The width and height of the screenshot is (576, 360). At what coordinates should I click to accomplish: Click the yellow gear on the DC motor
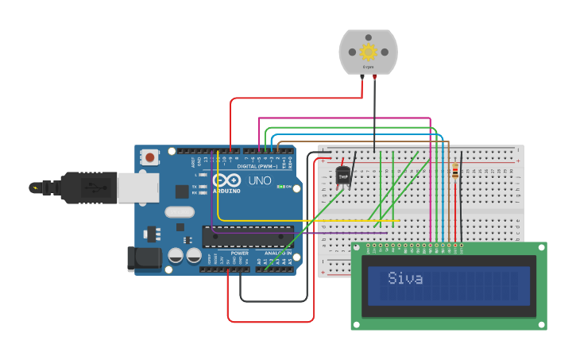tap(368, 52)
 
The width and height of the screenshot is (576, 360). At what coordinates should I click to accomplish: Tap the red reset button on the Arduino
tap(150, 157)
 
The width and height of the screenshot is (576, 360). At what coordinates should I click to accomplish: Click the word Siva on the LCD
tap(405, 278)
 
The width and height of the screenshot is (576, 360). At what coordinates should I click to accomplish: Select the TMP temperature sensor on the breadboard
tap(343, 176)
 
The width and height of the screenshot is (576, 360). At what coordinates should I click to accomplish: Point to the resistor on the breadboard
tap(454, 172)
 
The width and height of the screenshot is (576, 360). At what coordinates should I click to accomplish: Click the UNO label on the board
tap(260, 181)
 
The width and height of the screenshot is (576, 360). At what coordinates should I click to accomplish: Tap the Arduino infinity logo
tap(226, 180)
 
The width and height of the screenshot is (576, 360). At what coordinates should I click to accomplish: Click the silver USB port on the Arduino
tap(137, 188)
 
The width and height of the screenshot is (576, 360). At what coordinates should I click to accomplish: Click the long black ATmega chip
tap(247, 236)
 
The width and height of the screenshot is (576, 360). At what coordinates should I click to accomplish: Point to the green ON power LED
tap(280, 187)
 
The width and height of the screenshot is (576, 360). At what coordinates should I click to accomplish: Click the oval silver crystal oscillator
tap(180, 212)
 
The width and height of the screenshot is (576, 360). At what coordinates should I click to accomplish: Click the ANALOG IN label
tap(277, 253)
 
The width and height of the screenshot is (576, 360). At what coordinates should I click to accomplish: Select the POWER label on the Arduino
tap(239, 253)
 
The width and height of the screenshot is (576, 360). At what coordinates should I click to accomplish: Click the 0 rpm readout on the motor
tap(368, 67)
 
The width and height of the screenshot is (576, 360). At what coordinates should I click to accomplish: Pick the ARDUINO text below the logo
tap(226, 191)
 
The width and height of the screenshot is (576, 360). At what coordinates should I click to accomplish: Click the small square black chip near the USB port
tap(182, 191)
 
